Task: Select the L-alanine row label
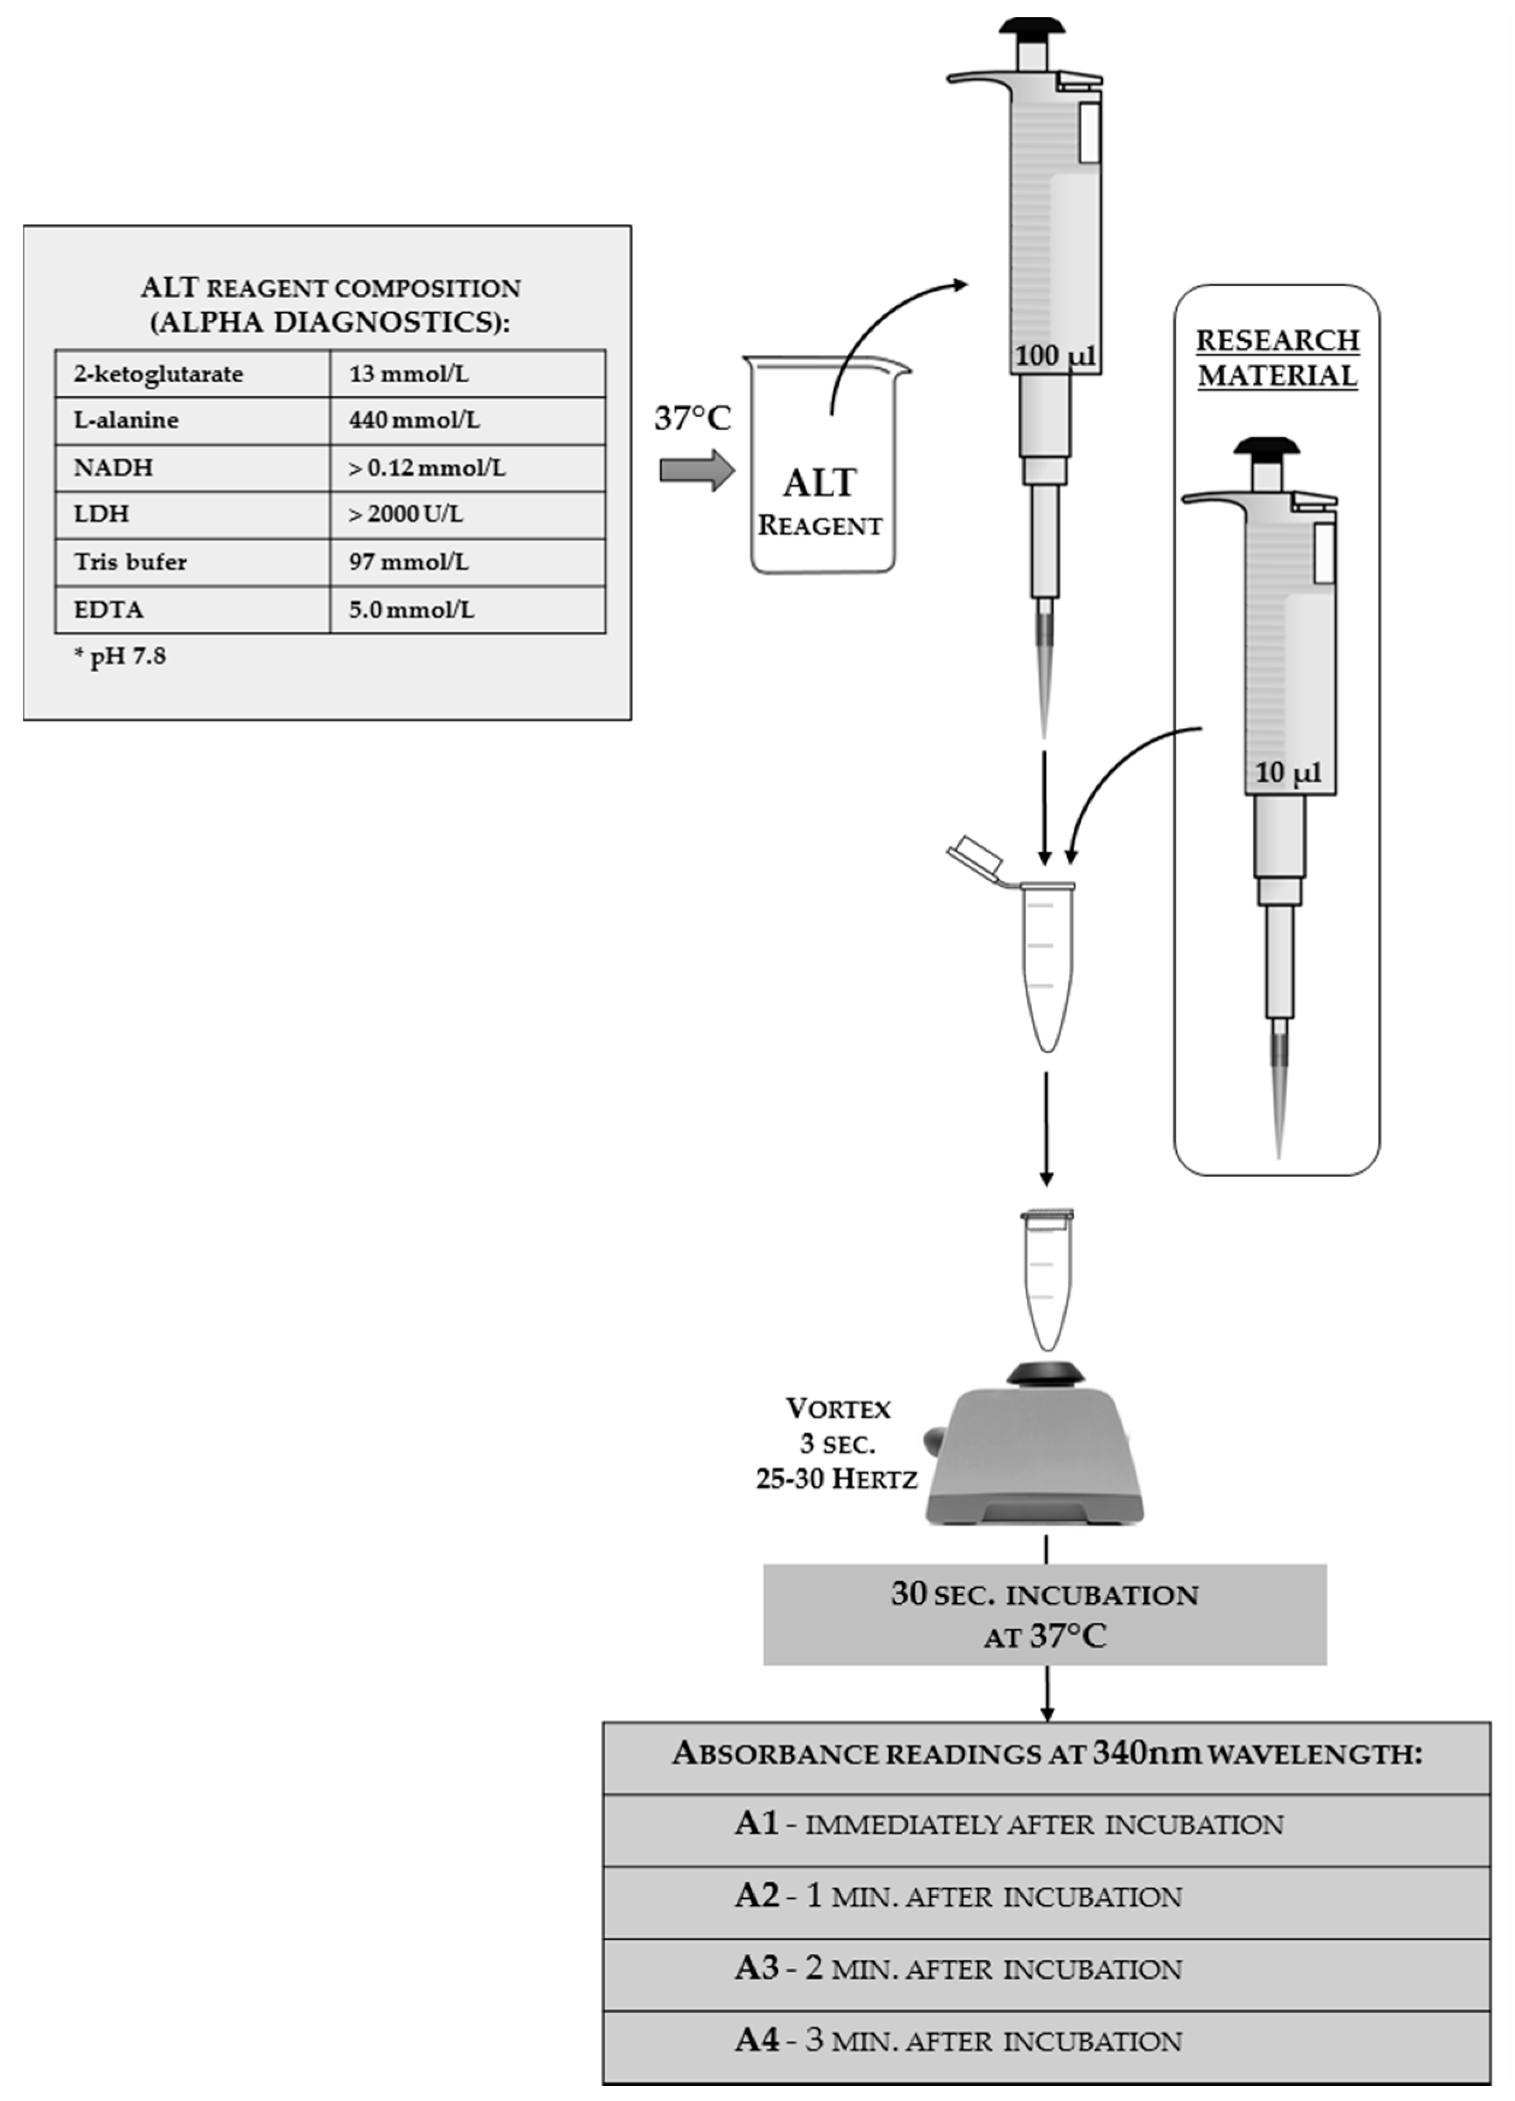126,421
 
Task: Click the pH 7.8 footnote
120,657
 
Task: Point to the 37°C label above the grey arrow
692,419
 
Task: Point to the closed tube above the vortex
1046,1278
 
